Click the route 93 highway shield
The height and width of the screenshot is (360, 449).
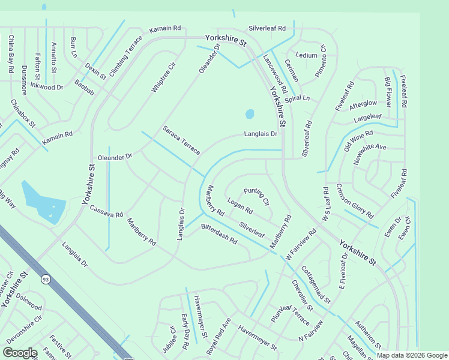46,279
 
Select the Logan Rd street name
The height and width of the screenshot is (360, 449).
240,206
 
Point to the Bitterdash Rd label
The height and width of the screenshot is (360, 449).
219,233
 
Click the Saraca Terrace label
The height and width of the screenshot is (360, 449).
181,140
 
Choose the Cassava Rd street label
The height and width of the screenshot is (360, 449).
106,211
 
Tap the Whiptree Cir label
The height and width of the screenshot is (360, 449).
163,77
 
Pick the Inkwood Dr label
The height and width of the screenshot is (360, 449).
47,87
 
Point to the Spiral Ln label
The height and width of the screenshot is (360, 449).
297,98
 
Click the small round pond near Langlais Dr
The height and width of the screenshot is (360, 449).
250,113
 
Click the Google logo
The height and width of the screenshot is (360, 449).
20,353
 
